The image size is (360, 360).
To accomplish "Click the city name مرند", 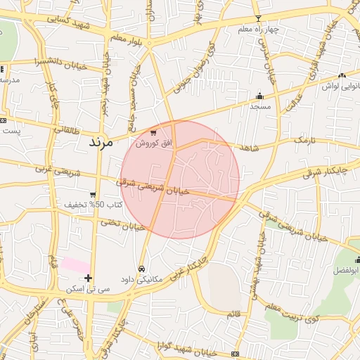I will [101, 141].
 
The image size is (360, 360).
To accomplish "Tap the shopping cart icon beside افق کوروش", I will [153, 133].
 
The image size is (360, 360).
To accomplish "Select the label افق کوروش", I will [150, 143].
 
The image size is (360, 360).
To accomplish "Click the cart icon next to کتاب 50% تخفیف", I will [93, 195].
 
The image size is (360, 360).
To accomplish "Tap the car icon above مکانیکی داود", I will [141, 269].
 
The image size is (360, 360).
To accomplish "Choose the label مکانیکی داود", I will [141, 279].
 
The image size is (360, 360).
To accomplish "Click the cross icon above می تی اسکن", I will [88, 278].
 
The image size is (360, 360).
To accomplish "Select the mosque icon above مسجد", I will [259, 96].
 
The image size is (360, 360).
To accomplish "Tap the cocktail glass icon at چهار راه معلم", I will [258, 18].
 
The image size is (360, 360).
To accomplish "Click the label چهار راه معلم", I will [259, 29].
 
